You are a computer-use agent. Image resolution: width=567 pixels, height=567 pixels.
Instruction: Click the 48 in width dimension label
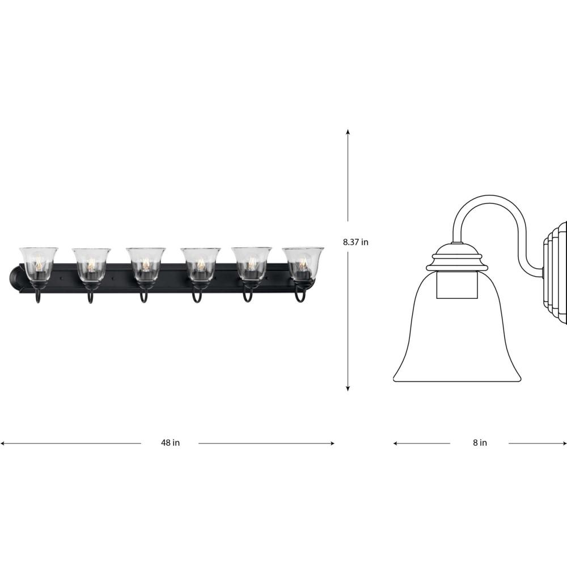coord(170,443)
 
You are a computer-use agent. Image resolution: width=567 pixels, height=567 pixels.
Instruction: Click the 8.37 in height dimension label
coord(356,242)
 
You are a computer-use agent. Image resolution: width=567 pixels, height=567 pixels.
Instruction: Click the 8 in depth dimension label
coord(480,443)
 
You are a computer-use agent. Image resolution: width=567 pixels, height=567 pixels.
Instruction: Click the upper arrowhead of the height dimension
coord(348,132)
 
